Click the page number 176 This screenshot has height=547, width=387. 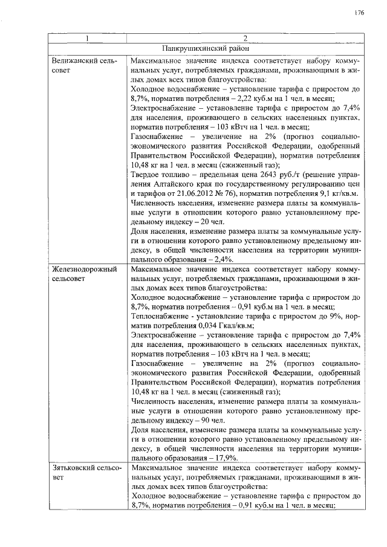pos(359,12)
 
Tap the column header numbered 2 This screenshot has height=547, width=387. pos(246,39)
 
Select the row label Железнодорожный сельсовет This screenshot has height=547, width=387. pos(82,274)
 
